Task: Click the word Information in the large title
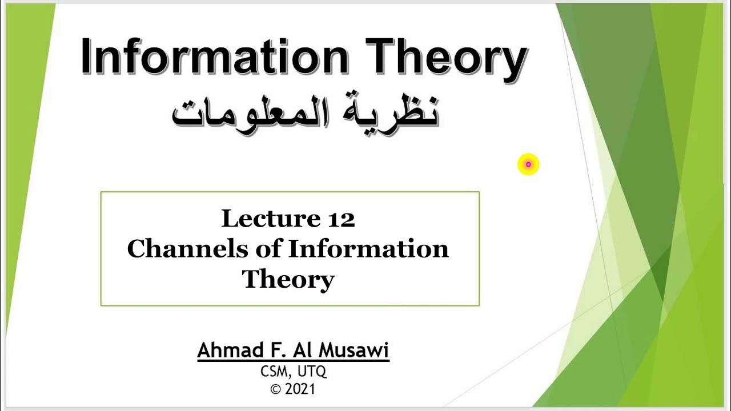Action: (x=214, y=57)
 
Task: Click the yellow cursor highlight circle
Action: (x=528, y=164)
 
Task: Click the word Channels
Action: (x=186, y=249)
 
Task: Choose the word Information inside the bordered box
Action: (x=368, y=249)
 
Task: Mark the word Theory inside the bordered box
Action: (x=288, y=280)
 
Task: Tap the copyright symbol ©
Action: (x=276, y=390)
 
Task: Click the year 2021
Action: (x=300, y=390)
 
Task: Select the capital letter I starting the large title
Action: (x=87, y=57)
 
